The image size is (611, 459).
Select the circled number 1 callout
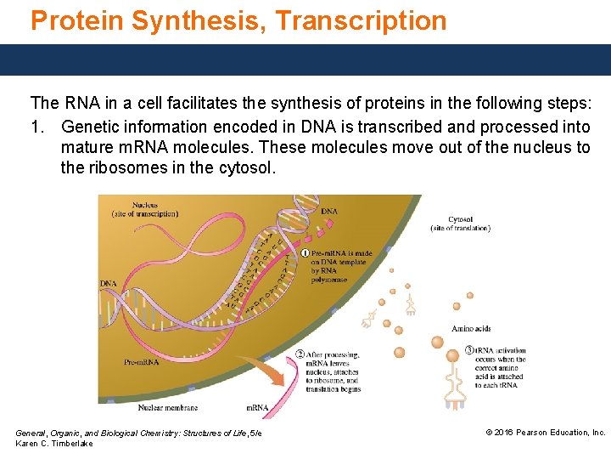coord(305,253)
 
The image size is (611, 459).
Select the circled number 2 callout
coord(300,354)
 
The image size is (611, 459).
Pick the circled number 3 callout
coord(469,350)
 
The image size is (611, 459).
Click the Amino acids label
coord(471,329)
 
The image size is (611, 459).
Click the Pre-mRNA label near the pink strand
coord(142,362)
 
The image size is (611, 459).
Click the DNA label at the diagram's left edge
coord(108,283)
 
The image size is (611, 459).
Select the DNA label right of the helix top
coord(329,211)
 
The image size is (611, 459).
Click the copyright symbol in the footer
coord(489,433)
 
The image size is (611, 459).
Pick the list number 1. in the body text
coord(38,127)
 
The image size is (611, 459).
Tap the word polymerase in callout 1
coord(329,280)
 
